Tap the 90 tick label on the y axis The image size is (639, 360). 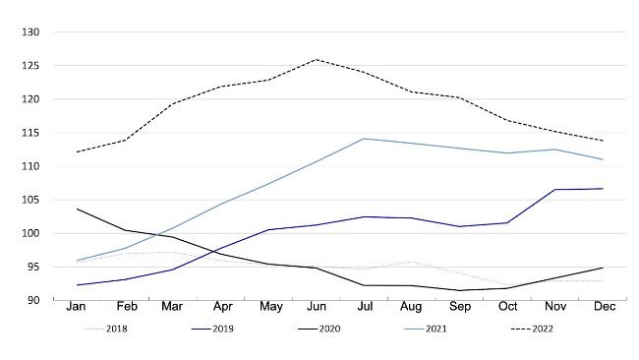click(31, 300)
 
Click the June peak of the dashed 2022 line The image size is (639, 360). click(317, 60)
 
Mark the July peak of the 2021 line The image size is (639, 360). click(364, 139)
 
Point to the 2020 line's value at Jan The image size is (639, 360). click(77, 209)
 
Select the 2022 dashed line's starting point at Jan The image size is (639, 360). click(77, 151)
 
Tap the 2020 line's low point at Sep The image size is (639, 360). click(459, 290)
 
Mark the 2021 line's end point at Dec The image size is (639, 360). click(602, 159)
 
